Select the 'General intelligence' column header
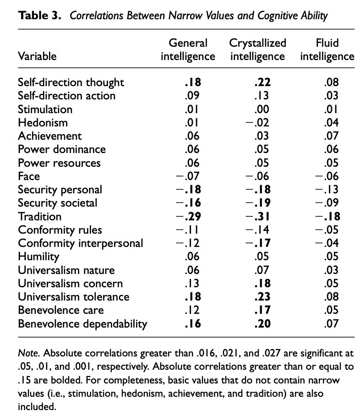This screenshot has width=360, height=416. pos(188,49)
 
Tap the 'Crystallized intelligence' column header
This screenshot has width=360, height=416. pos(257,49)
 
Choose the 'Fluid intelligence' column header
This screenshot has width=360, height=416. pos(327,49)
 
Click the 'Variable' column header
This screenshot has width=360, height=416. pos(37,56)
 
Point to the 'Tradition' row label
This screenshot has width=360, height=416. pos(39,216)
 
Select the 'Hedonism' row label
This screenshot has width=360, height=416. pos(43,122)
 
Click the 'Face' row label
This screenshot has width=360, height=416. pos(29,176)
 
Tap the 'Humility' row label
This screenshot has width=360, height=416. pos(38,257)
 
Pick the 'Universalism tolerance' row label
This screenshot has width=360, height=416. pos(73,297)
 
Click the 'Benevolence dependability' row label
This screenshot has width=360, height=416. pos(82,324)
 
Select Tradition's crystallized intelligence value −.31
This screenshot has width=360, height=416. pos(257,216)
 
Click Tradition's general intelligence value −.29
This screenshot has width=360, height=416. pos(188,216)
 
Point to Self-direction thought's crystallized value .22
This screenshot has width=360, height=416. pos(262,82)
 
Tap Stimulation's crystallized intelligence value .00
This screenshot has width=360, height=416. pos(262,109)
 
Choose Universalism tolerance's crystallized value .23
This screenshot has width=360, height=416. pos(262,297)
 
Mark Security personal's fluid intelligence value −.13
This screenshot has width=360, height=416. pos(327,190)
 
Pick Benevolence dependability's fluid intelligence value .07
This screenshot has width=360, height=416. pos(330,324)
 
